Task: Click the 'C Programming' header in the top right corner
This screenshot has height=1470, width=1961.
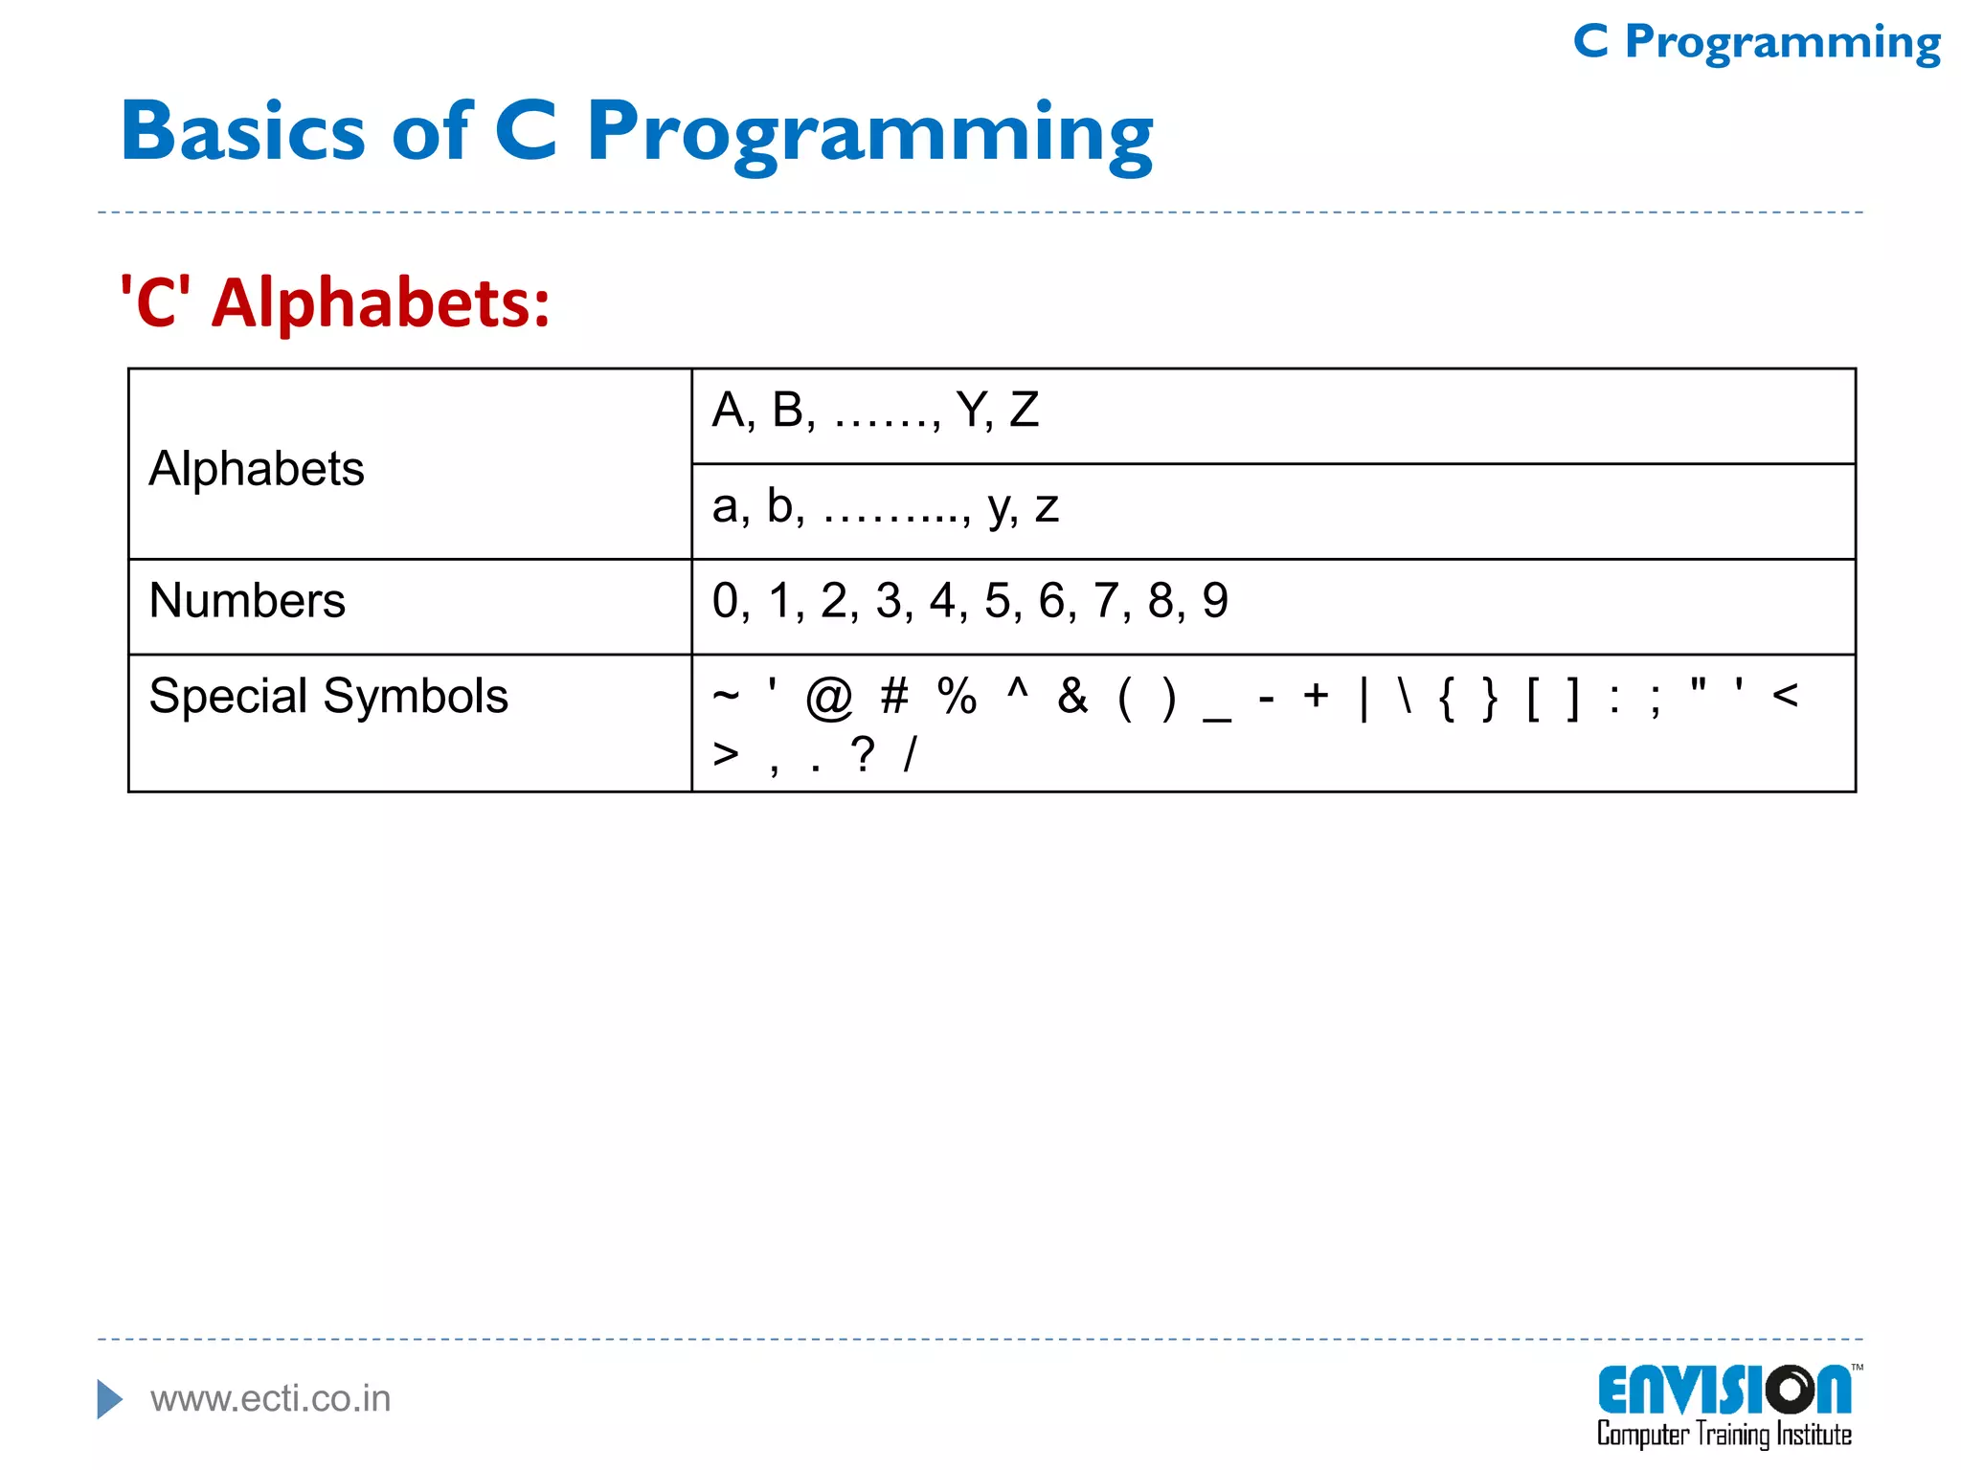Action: click(1757, 43)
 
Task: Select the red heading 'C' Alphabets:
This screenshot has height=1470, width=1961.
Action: click(335, 302)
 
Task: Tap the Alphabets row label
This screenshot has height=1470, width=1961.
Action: click(257, 469)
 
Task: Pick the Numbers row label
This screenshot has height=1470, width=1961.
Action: click(247, 601)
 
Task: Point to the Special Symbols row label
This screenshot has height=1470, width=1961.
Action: click(328, 696)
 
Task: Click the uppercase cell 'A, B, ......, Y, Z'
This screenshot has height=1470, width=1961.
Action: click(875, 411)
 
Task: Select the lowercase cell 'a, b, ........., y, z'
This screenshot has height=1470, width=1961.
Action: click(885, 506)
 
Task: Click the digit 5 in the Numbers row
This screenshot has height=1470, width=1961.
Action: click(997, 601)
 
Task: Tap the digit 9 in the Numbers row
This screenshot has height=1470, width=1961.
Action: click(1215, 601)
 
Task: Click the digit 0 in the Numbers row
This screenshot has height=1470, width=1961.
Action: click(725, 601)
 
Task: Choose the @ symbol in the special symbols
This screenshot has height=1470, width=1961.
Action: click(828, 697)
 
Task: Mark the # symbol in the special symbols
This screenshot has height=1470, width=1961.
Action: click(894, 696)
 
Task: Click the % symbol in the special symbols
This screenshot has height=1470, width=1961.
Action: click(957, 696)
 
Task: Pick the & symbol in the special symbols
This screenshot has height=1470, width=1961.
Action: click(1072, 696)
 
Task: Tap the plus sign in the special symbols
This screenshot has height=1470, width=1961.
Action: click(1316, 696)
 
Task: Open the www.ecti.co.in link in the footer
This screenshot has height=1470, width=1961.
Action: click(271, 1399)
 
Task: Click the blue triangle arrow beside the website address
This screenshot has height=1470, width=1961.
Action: click(110, 1399)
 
